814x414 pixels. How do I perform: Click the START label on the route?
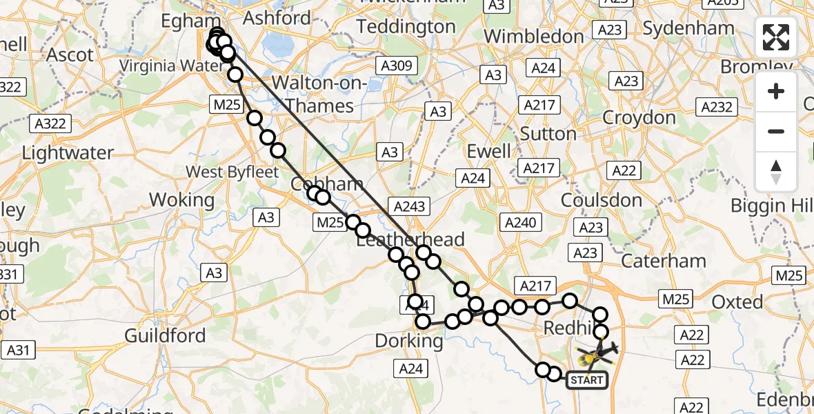(587, 379)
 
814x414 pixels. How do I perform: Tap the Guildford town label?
(165, 336)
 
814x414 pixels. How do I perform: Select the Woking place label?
(182, 200)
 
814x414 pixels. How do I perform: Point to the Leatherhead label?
(410, 239)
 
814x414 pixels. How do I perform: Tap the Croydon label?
(639, 117)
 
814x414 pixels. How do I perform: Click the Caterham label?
(664, 261)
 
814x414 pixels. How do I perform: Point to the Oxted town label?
(737, 302)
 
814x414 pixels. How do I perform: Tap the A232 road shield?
(717, 107)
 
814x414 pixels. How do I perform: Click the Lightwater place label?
(67, 152)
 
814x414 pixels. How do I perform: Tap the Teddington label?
(406, 27)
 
